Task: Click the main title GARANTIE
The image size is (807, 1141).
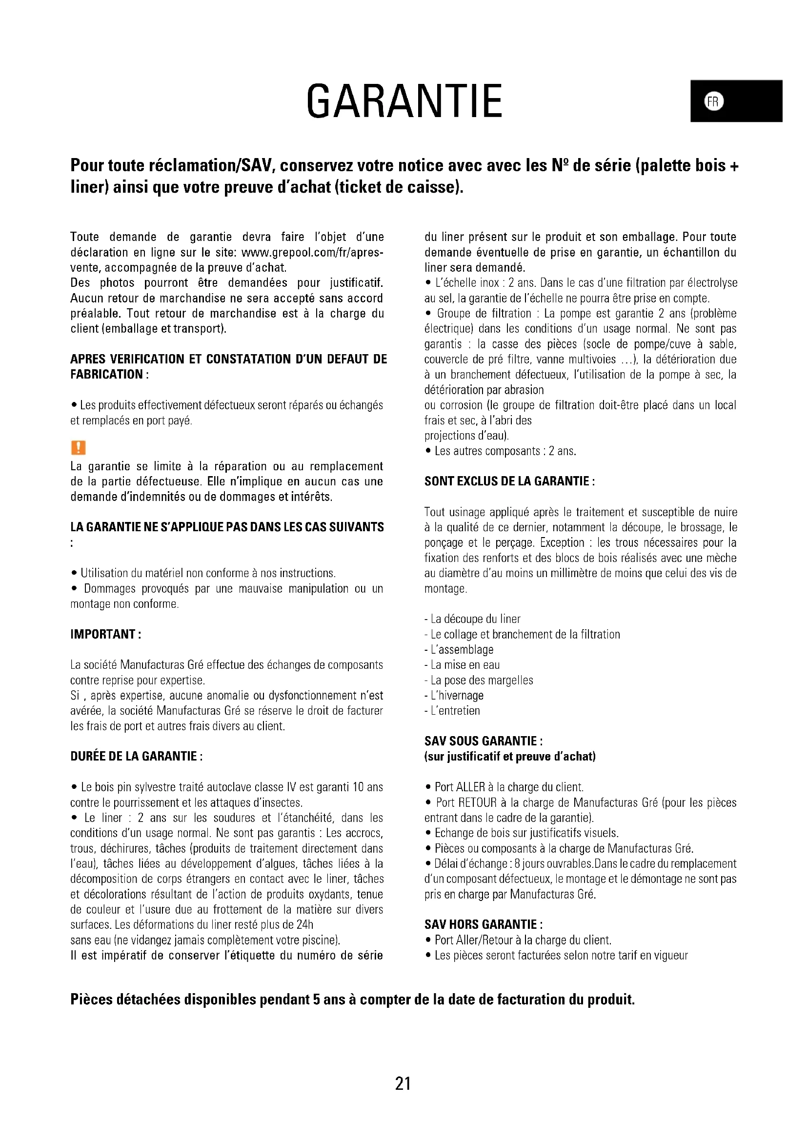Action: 404,101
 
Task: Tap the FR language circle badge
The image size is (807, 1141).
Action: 714,101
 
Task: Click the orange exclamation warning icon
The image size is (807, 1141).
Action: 79,447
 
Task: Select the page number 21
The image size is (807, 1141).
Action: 403,1083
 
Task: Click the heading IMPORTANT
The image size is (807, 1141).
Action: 106,634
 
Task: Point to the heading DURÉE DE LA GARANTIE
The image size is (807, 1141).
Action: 136,756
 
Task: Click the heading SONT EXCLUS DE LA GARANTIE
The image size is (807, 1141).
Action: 509,481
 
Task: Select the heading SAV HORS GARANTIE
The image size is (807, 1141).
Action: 484,924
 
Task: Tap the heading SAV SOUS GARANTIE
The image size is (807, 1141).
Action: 484,741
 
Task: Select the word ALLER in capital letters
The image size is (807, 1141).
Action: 470,787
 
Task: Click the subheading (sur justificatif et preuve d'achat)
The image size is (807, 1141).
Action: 510,757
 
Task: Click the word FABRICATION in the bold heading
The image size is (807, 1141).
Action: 106,374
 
